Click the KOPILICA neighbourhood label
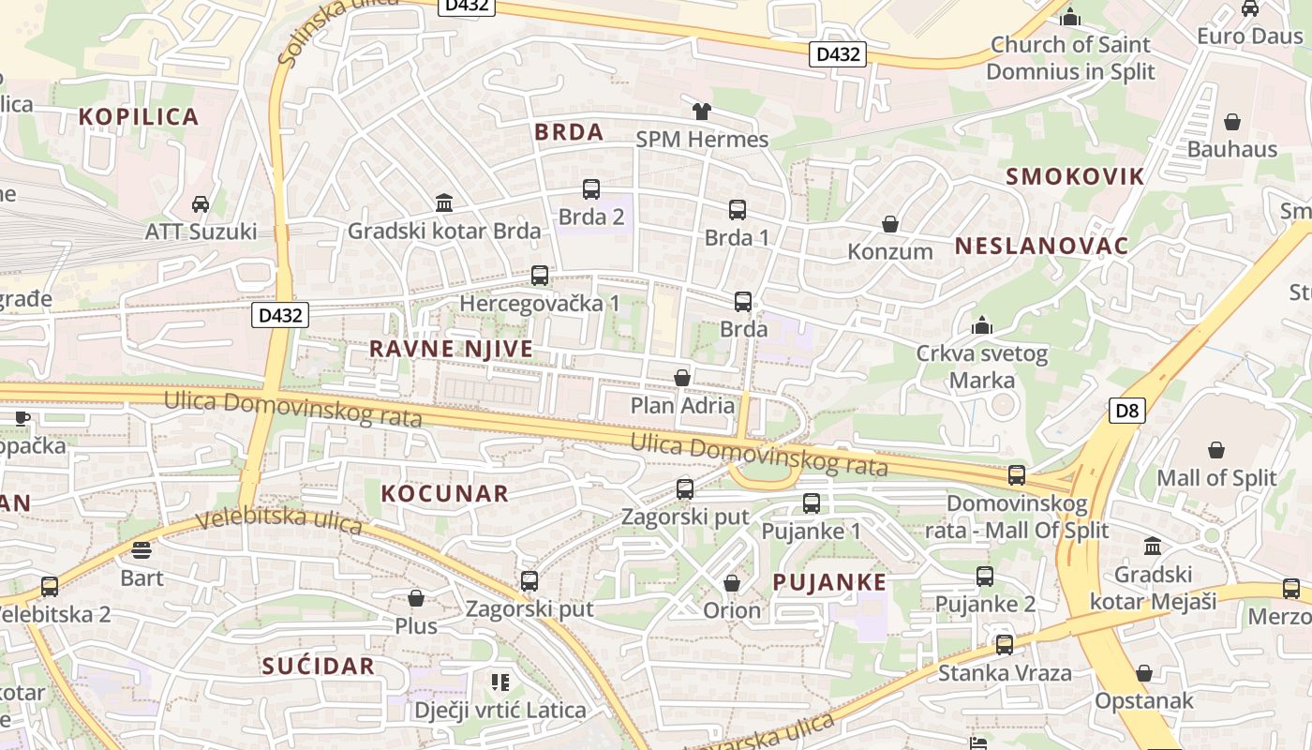pyautogui.click(x=139, y=117)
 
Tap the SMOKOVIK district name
pyautogui.click(x=1075, y=176)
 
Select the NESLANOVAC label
pyautogui.click(x=1041, y=247)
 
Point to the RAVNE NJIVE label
pyautogui.click(x=451, y=349)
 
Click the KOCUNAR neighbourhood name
pyautogui.click(x=445, y=493)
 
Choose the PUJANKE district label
pyautogui.click(x=829, y=582)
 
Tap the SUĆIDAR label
pyautogui.click(x=319, y=667)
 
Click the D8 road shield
pyautogui.click(x=1127, y=410)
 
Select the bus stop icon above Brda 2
pyautogui.click(x=590, y=189)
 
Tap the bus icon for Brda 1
pyautogui.click(x=737, y=210)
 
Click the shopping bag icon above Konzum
pyautogui.click(x=889, y=225)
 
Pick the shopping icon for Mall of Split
pyautogui.click(x=1215, y=451)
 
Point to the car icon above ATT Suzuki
pyautogui.click(x=200, y=203)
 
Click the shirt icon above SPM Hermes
pyautogui.click(x=701, y=112)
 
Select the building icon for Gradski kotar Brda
pyautogui.click(x=443, y=202)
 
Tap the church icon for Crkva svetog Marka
pyautogui.click(x=981, y=325)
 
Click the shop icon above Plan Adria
pyautogui.click(x=682, y=378)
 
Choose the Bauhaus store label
pyautogui.click(x=1231, y=149)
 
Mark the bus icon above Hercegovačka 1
pyautogui.click(x=539, y=276)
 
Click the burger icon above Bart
pyautogui.click(x=142, y=549)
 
